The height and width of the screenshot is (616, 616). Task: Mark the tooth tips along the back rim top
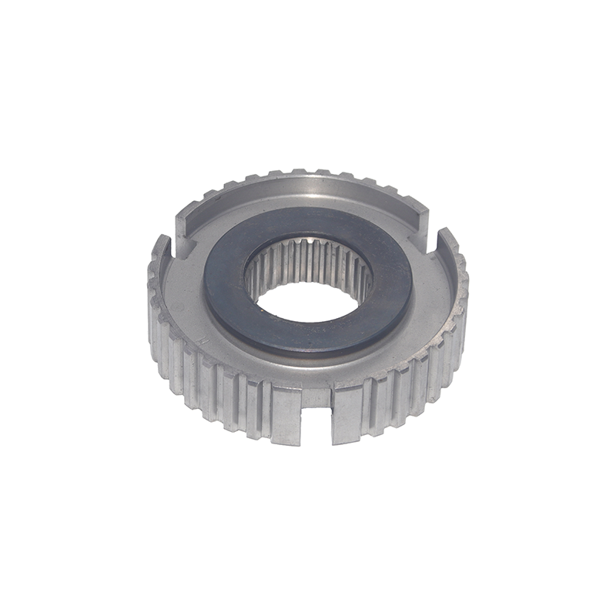click(308, 173)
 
